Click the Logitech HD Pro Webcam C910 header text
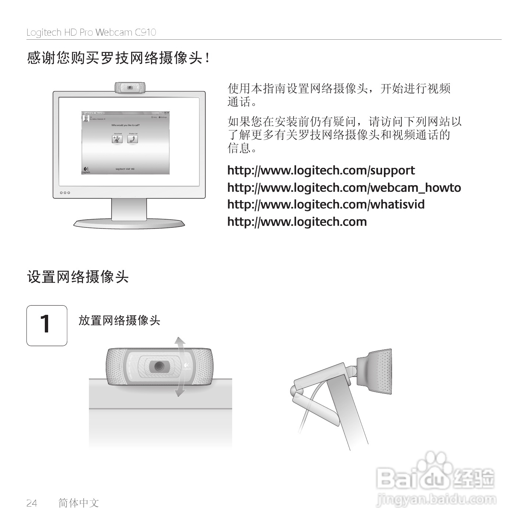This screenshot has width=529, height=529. pos(91,33)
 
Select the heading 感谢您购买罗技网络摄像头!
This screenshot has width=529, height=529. pos(118,58)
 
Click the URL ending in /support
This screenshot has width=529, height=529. pos(321,170)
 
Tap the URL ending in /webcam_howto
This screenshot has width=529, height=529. pos(344,188)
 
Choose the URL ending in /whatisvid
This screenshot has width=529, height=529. pos(326,205)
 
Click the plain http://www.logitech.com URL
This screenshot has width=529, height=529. pos(297,222)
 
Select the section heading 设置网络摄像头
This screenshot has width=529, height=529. pos(78,277)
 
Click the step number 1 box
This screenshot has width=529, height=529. pos(47,325)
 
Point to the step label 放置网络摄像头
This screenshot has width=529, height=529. pos(119,320)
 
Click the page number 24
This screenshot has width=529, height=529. pos(32,503)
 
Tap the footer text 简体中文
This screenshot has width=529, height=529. pos(79,503)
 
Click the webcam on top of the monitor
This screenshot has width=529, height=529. pos(129,88)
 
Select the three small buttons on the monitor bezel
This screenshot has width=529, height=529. pos(65,193)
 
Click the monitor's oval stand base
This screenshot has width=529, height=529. pos(129,223)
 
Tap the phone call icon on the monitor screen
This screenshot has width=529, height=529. pos(132,139)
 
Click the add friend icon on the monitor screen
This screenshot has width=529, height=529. pos(117,139)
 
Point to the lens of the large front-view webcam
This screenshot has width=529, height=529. pos(159,366)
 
